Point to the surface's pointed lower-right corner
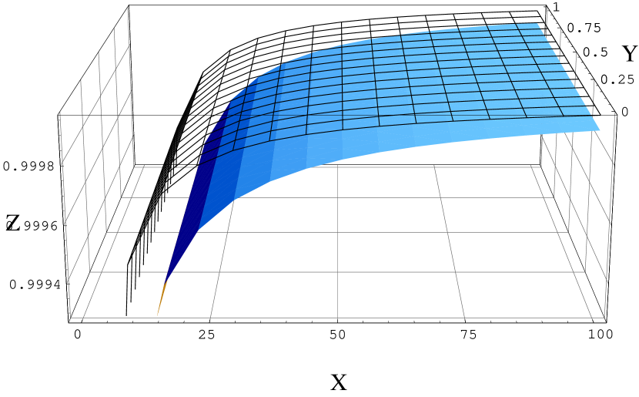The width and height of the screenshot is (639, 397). pyautogui.click(x=600, y=130)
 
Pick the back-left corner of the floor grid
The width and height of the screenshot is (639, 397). pyautogui.click(x=134, y=167)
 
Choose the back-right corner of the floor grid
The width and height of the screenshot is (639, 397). pyautogui.click(x=540, y=167)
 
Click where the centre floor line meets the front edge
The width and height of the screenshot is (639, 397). pyautogui.click(x=337, y=318)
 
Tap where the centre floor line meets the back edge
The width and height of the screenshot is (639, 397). pyautogui.click(x=337, y=167)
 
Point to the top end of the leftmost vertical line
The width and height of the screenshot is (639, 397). pyautogui.click(x=60, y=113)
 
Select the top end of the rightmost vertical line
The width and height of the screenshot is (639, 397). pyautogui.click(x=615, y=113)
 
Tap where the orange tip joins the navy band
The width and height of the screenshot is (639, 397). pyautogui.click(x=166, y=282)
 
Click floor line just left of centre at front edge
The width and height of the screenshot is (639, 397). pyautogui.click(x=210, y=318)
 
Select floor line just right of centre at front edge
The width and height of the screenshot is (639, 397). pyautogui.click(x=464, y=318)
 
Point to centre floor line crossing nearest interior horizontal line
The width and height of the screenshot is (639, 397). pyautogui.click(x=337, y=271)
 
